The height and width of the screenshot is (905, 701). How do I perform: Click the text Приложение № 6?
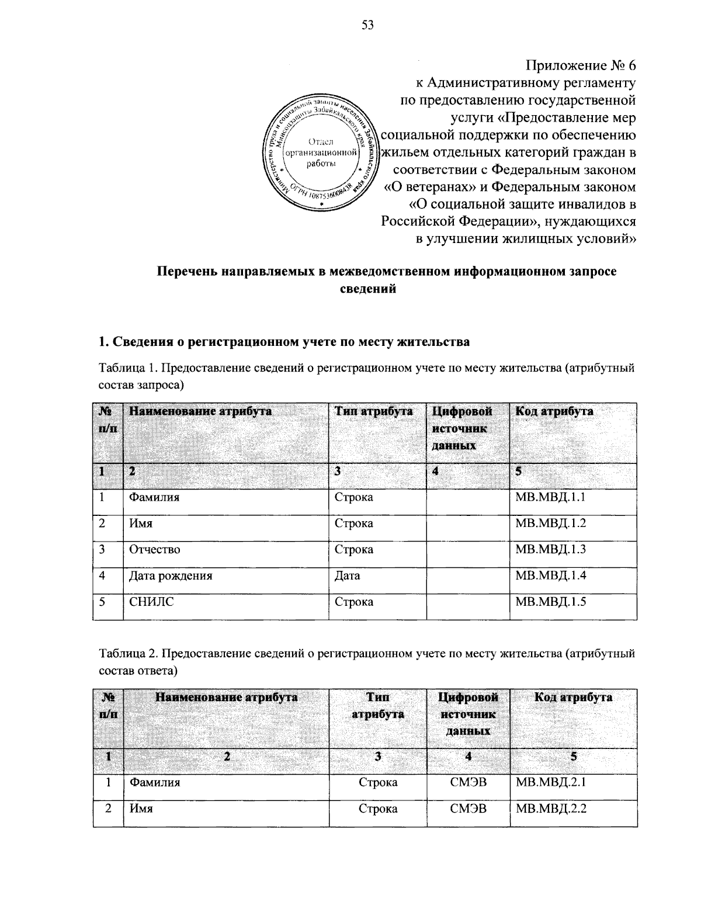click(x=580, y=64)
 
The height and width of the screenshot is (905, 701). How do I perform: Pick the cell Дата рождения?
click(x=171, y=575)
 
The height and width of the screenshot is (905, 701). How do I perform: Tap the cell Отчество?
click(x=155, y=550)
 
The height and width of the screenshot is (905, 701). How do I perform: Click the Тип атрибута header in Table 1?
click(x=374, y=411)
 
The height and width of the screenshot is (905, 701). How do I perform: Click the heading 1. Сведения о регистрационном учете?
click(x=283, y=342)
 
